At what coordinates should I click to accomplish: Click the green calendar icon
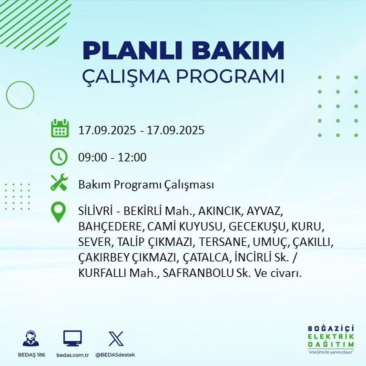pyautogui.click(x=59, y=129)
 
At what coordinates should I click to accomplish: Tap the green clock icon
pyautogui.click(x=59, y=157)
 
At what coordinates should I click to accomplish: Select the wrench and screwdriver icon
pyautogui.click(x=59, y=183)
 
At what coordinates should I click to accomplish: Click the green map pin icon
pyautogui.click(x=59, y=212)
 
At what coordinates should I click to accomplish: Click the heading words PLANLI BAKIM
pyautogui.click(x=184, y=50)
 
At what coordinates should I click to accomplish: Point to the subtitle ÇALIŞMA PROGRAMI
pyautogui.click(x=184, y=76)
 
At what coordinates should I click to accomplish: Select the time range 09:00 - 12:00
pyautogui.click(x=112, y=158)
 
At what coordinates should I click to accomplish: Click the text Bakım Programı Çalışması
pyautogui.click(x=146, y=185)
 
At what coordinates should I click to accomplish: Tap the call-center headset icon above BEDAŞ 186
pyautogui.click(x=29, y=338)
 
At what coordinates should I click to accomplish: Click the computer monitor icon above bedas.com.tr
pyautogui.click(x=72, y=338)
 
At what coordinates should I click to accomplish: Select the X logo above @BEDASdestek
pyautogui.click(x=116, y=338)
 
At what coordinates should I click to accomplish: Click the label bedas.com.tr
pyautogui.click(x=72, y=355)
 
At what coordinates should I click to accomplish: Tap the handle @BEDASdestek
pyautogui.click(x=116, y=355)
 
